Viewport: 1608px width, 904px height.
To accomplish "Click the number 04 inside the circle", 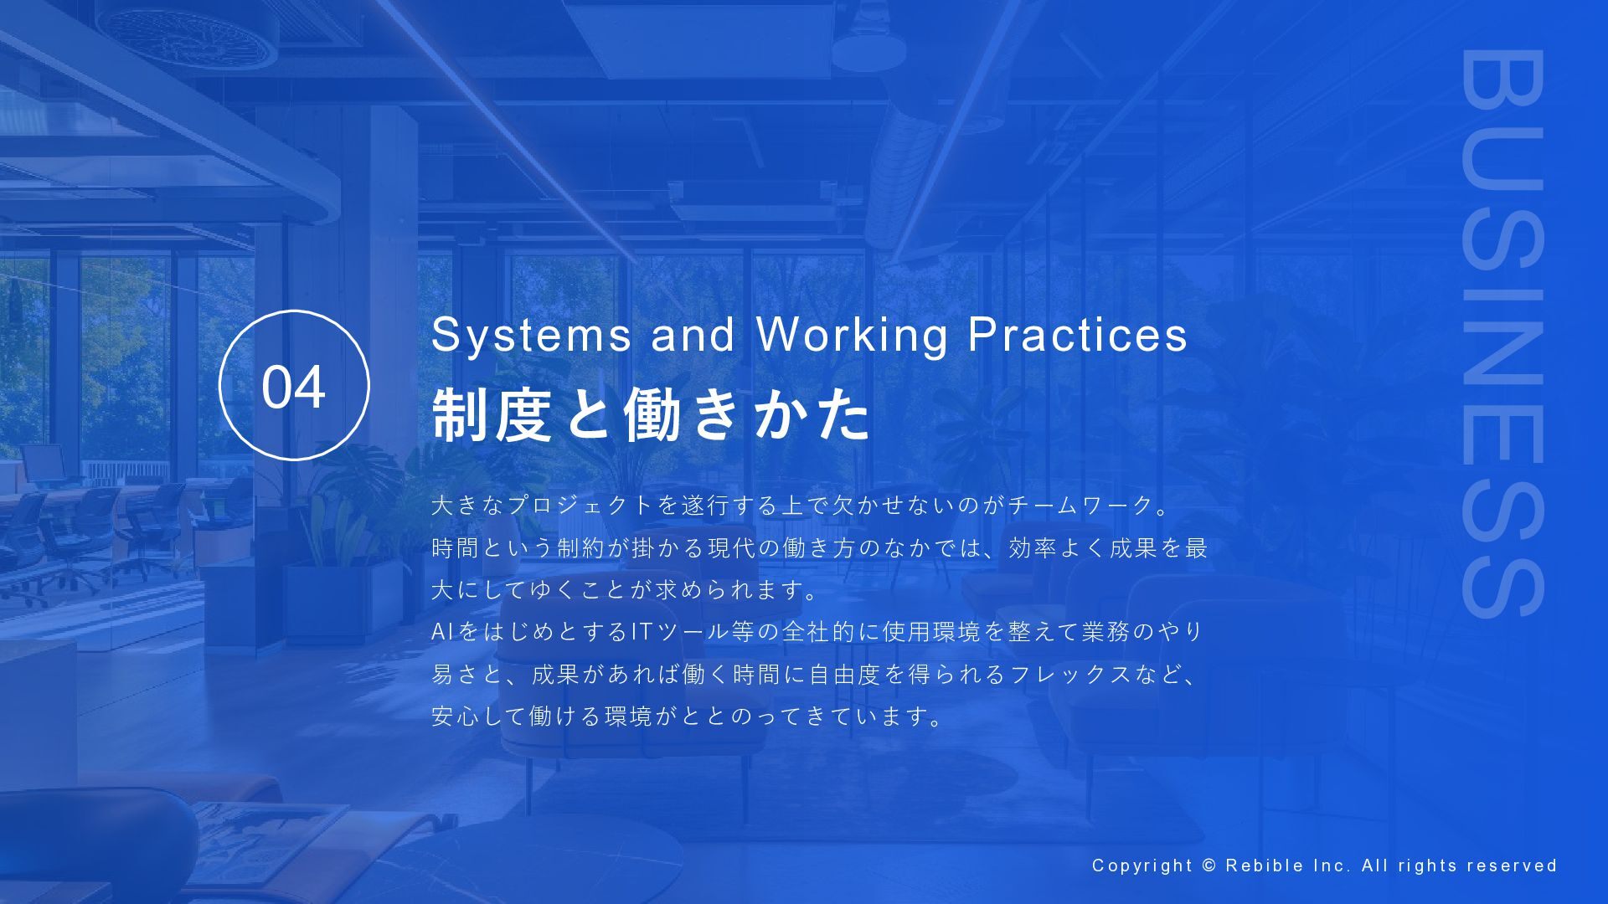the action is click(x=293, y=387).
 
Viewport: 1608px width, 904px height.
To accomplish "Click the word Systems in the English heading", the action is click(x=532, y=335).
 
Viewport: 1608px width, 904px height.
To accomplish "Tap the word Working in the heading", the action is click(x=852, y=336).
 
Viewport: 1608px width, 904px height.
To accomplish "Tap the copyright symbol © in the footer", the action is click(x=1209, y=865).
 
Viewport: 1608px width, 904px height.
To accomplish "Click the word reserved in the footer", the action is click(x=1512, y=865).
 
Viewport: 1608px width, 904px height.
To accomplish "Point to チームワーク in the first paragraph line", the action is click(x=1080, y=505).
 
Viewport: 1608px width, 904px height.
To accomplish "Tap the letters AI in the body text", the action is click(x=442, y=631).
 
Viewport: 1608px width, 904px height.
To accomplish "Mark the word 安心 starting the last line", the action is click(x=456, y=716).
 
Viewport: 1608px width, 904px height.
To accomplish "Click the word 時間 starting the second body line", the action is click(x=456, y=547).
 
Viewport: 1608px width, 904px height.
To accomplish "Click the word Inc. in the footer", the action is click(x=1332, y=865).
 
